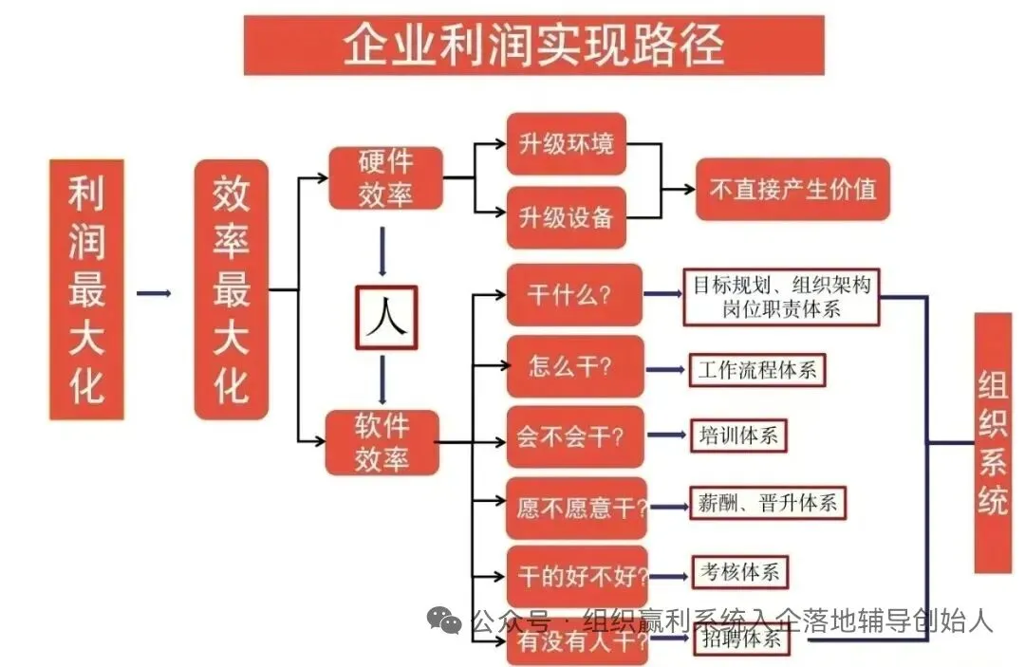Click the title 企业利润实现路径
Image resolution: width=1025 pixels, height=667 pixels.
(533, 45)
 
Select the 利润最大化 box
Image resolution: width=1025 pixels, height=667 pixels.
(86, 288)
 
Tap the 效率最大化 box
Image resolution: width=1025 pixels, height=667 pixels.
(231, 288)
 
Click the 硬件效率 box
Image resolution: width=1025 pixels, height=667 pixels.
(385, 177)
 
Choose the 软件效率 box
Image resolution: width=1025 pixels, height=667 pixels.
(382, 442)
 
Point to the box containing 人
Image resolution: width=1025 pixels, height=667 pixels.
(386, 317)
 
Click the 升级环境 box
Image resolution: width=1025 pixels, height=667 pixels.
(566, 144)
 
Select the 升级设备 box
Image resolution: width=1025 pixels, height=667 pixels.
(566, 217)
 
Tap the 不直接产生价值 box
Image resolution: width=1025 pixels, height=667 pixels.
(792, 189)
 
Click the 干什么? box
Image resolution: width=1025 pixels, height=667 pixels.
(573, 294)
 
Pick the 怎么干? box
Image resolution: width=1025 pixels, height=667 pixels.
(573, 366)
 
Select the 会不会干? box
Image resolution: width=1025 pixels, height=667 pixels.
(573, 436)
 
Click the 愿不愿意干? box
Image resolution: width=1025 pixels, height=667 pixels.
(576, 508)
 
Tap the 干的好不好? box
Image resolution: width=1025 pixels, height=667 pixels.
(576, 576)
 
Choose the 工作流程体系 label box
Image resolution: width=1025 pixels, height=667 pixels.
(757, 369)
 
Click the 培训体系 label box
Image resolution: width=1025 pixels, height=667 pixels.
(739, 436)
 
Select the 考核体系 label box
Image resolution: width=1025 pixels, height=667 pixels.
(739, 572)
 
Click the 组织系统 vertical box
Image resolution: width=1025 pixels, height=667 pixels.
(993, 442)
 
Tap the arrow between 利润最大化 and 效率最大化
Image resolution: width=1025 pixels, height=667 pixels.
(154, 293)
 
